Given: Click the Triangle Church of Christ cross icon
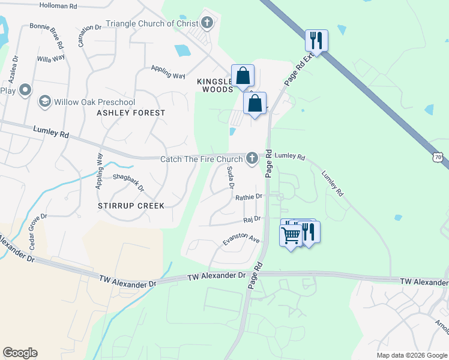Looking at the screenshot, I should coord(207,23).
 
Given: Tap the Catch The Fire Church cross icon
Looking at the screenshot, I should coord(252,158).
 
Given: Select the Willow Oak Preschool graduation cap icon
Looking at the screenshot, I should coord(44,102).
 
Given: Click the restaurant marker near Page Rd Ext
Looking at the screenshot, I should coord(316,41).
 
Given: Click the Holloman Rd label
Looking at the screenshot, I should coord(58,5).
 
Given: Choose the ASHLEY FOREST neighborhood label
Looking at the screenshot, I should coord(131,113).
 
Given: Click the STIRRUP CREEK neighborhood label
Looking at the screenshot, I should coord(131,206).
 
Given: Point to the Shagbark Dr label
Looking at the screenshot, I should coord(128,182).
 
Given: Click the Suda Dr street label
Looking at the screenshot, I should coord(229,178).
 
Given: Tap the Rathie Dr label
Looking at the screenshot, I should coord(249,196).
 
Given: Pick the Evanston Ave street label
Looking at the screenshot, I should coord(241,238).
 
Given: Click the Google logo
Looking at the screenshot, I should coord(20,353).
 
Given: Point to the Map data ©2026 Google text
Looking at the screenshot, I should coord(412,355).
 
